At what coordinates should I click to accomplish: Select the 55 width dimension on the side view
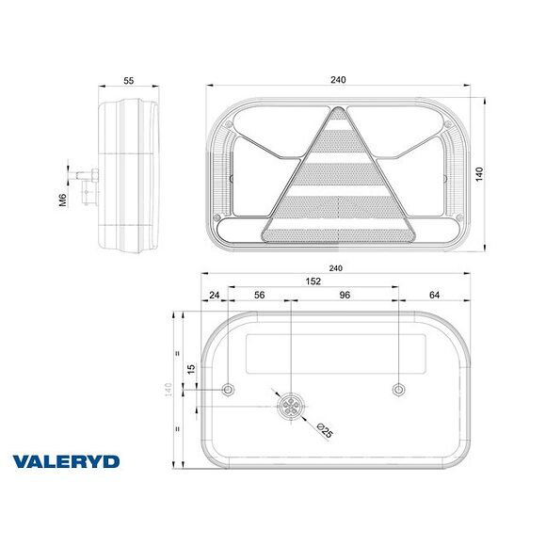(x=129, y=80)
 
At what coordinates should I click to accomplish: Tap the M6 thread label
(x=63, y=200)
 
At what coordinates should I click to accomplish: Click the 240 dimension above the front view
(x=338, y=80)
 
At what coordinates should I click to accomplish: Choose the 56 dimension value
(x=259, y=294)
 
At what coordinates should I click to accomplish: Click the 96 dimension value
(x=345, y=294)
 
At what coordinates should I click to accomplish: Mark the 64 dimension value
(x=434, y=294)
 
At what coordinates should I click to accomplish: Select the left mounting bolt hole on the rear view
(x=228, y=389)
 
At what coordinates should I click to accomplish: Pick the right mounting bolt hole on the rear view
(x=399, y=389)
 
